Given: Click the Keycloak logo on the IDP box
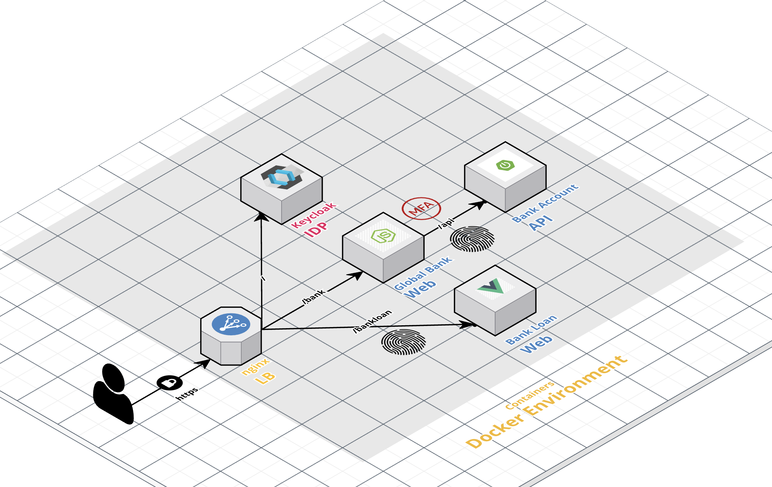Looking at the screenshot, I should (x=282, y=177).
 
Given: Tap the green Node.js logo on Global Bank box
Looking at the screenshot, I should (x=383, y=236).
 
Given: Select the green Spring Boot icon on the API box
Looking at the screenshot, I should (x=505, y=165).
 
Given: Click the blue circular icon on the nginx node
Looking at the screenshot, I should (x=231, y=324).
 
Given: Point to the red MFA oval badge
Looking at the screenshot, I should (x=421, y=208).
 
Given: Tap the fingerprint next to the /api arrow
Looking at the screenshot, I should (x=472, y=239).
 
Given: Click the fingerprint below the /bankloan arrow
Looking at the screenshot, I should (x=404, y=342).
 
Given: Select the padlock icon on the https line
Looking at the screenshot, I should (x=169, y=383).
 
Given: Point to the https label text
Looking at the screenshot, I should (x=187, y=393).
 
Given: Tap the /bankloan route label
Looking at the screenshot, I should (x=372, y=321).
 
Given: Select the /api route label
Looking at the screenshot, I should (x=446, y=223).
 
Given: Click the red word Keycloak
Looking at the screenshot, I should (x=313, y=215).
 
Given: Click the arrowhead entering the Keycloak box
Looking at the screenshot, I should (x=261, y=216).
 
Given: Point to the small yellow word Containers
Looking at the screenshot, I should (x=529, y=395).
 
